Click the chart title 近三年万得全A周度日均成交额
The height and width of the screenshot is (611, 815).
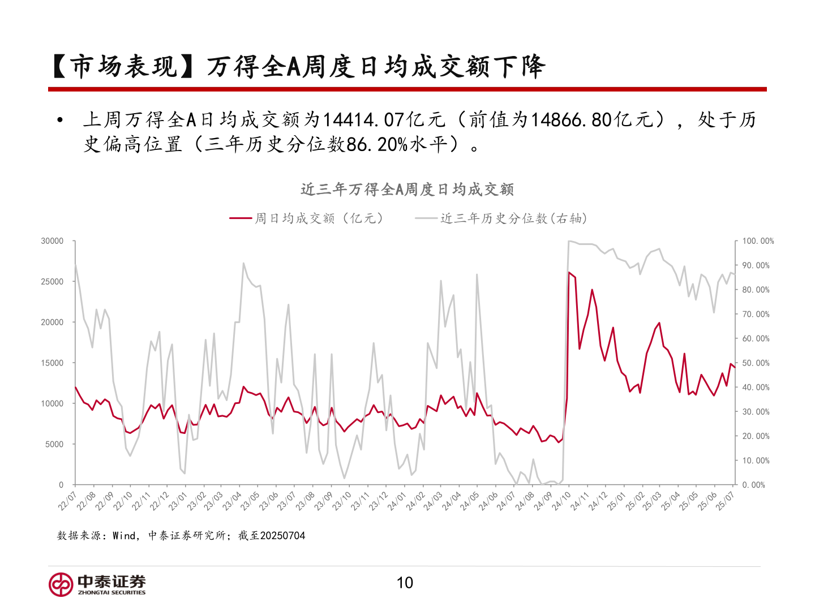(407, 190)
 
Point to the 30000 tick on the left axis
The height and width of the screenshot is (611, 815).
(52, 241)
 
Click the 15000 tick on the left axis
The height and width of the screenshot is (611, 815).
(52, 363)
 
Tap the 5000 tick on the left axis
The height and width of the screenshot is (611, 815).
(54, 444)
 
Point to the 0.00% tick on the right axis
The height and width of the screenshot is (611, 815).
(753, 485)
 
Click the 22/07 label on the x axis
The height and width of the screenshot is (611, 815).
(67, 501)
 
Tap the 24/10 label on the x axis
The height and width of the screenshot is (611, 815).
(561, 501)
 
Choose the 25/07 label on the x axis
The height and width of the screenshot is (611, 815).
(726, 501)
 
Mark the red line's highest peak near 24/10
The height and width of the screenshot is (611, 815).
(569, 272)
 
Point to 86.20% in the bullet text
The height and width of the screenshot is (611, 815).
(377, 145)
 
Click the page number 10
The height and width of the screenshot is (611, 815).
(405, 583)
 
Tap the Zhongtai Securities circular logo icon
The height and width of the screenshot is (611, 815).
(61, 584)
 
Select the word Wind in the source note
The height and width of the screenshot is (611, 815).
(124, 536)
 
